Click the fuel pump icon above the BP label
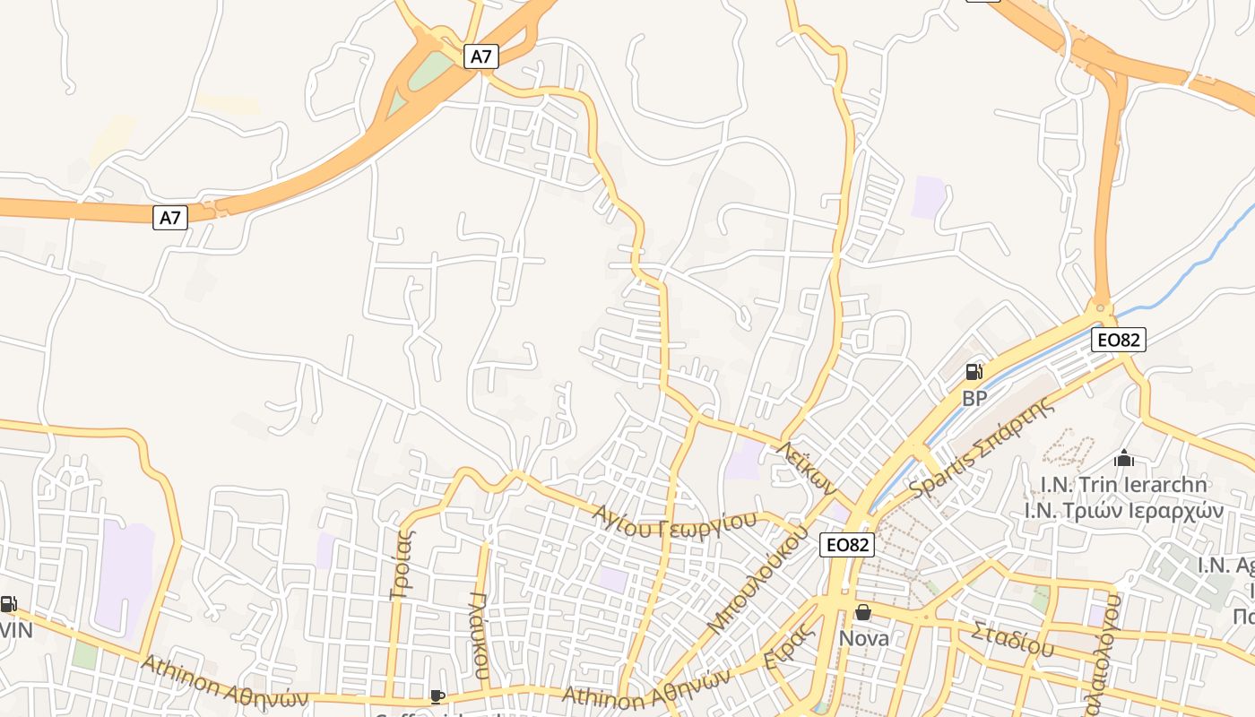coord(974,372)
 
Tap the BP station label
coord(974,398)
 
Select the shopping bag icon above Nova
coord(863,612)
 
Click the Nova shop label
coord(864,638)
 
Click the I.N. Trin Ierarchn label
coord(1123,485)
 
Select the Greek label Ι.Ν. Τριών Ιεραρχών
coord(1124,510)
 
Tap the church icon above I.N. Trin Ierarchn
coord(1123,459)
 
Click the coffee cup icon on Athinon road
coord(437,696)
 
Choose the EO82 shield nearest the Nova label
coord(846,544)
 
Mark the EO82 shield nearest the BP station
coord(1119,340)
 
